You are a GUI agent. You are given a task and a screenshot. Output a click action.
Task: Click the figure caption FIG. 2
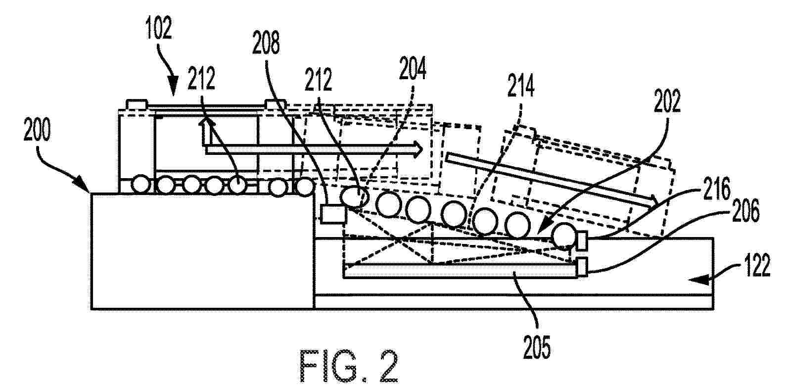pos(348,366)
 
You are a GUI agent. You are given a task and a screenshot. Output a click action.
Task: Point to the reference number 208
pos(266,44)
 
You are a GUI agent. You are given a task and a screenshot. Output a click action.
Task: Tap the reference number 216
pos(716,191)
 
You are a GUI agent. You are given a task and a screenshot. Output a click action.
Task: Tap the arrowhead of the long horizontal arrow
pos(419,147)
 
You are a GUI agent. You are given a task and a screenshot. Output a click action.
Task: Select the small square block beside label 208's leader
pos(329,214)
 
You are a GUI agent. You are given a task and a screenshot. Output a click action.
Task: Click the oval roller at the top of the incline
pos(355,196)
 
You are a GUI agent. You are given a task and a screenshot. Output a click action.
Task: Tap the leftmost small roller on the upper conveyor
pos(141,185)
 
